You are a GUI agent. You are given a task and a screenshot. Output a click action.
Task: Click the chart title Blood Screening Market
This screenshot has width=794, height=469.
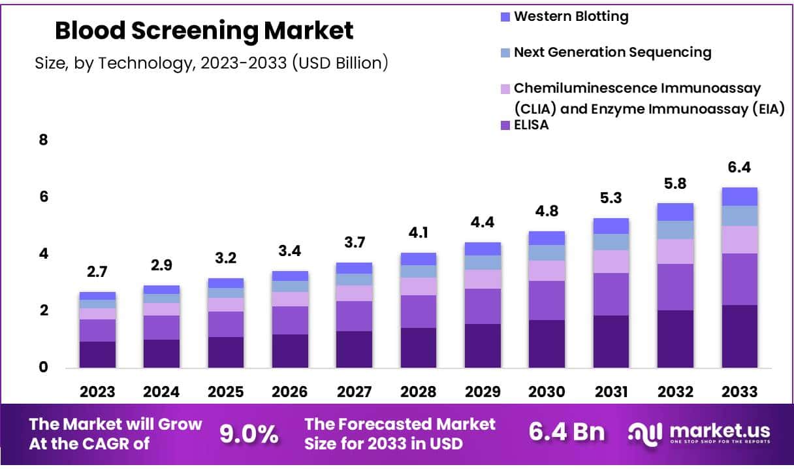pyautogui.click(x=204, y=31)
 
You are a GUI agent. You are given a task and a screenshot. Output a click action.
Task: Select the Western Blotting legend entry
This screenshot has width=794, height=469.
pyautogui.click(x=570, y=17)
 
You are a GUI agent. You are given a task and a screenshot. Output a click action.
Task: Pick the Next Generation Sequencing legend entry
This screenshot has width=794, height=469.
pyautogui.click(x=612, y=52)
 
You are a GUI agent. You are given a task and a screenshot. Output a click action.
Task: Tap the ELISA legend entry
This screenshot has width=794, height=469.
pyautogui.click(x=531, y=126)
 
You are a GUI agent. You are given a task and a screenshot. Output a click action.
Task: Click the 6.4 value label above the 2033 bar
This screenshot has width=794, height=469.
pyautogui.click(x=739, y=168)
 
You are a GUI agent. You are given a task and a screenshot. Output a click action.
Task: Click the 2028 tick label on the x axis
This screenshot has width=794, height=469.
pyautogui.click(x=418, y=392)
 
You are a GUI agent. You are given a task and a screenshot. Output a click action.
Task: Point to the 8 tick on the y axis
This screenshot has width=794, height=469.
pyautogui.click(x=44, y=140)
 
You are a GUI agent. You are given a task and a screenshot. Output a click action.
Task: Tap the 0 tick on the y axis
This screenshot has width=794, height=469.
pyautogui.click(x=44, y=367)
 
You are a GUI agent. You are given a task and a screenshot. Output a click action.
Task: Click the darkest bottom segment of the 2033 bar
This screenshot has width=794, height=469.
pyautogui.click(x=739, y=336)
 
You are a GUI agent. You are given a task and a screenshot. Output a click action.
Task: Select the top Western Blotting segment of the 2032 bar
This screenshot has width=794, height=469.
pyautogui.click(x=675, y=212)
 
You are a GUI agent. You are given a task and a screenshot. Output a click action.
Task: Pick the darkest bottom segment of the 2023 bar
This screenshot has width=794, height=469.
pyautogui.click(x=97, y=355)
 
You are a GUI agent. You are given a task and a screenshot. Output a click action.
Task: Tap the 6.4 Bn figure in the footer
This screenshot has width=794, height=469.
pyautogui.click(x=566, y=433)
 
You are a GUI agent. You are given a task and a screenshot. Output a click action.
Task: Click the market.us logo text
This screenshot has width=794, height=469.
pyautogui.click(x=715, y=430)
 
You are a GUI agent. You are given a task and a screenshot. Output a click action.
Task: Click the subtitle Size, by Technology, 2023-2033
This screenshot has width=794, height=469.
pyautogui.click(x=212, y=63)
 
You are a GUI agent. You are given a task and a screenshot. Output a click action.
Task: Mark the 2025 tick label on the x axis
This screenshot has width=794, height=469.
pyautogui.click(x=225, y=392)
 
